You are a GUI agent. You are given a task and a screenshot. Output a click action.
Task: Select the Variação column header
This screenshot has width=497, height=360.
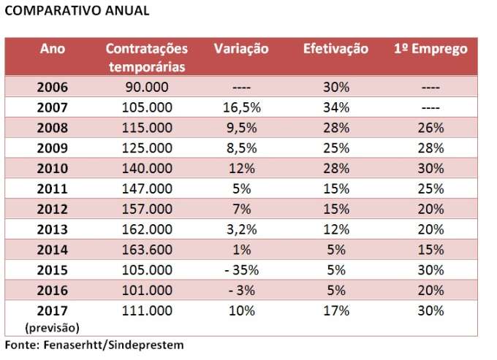point(241,49)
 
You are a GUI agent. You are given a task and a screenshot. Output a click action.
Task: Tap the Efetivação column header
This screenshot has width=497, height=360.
point(336,49)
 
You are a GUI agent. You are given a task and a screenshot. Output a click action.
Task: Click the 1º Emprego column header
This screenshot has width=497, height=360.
point(430,49)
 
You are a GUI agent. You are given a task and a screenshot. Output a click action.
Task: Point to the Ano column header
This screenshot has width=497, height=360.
point(53,49)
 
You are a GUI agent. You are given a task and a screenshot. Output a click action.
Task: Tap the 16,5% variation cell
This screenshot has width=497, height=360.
point(241,107)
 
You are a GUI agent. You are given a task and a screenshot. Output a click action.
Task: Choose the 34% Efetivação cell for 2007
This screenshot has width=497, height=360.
point(336,107)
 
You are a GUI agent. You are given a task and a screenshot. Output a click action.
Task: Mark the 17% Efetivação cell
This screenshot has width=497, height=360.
point(336,310)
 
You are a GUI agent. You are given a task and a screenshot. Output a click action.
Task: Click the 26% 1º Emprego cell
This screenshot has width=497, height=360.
point(430,127)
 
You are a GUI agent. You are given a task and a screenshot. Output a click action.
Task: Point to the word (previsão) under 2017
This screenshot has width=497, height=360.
point(52,326)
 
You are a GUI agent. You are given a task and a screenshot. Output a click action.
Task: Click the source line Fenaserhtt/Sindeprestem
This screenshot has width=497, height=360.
point(94,344)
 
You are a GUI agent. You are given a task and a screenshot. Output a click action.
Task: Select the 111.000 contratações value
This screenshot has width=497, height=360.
point(147,310)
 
